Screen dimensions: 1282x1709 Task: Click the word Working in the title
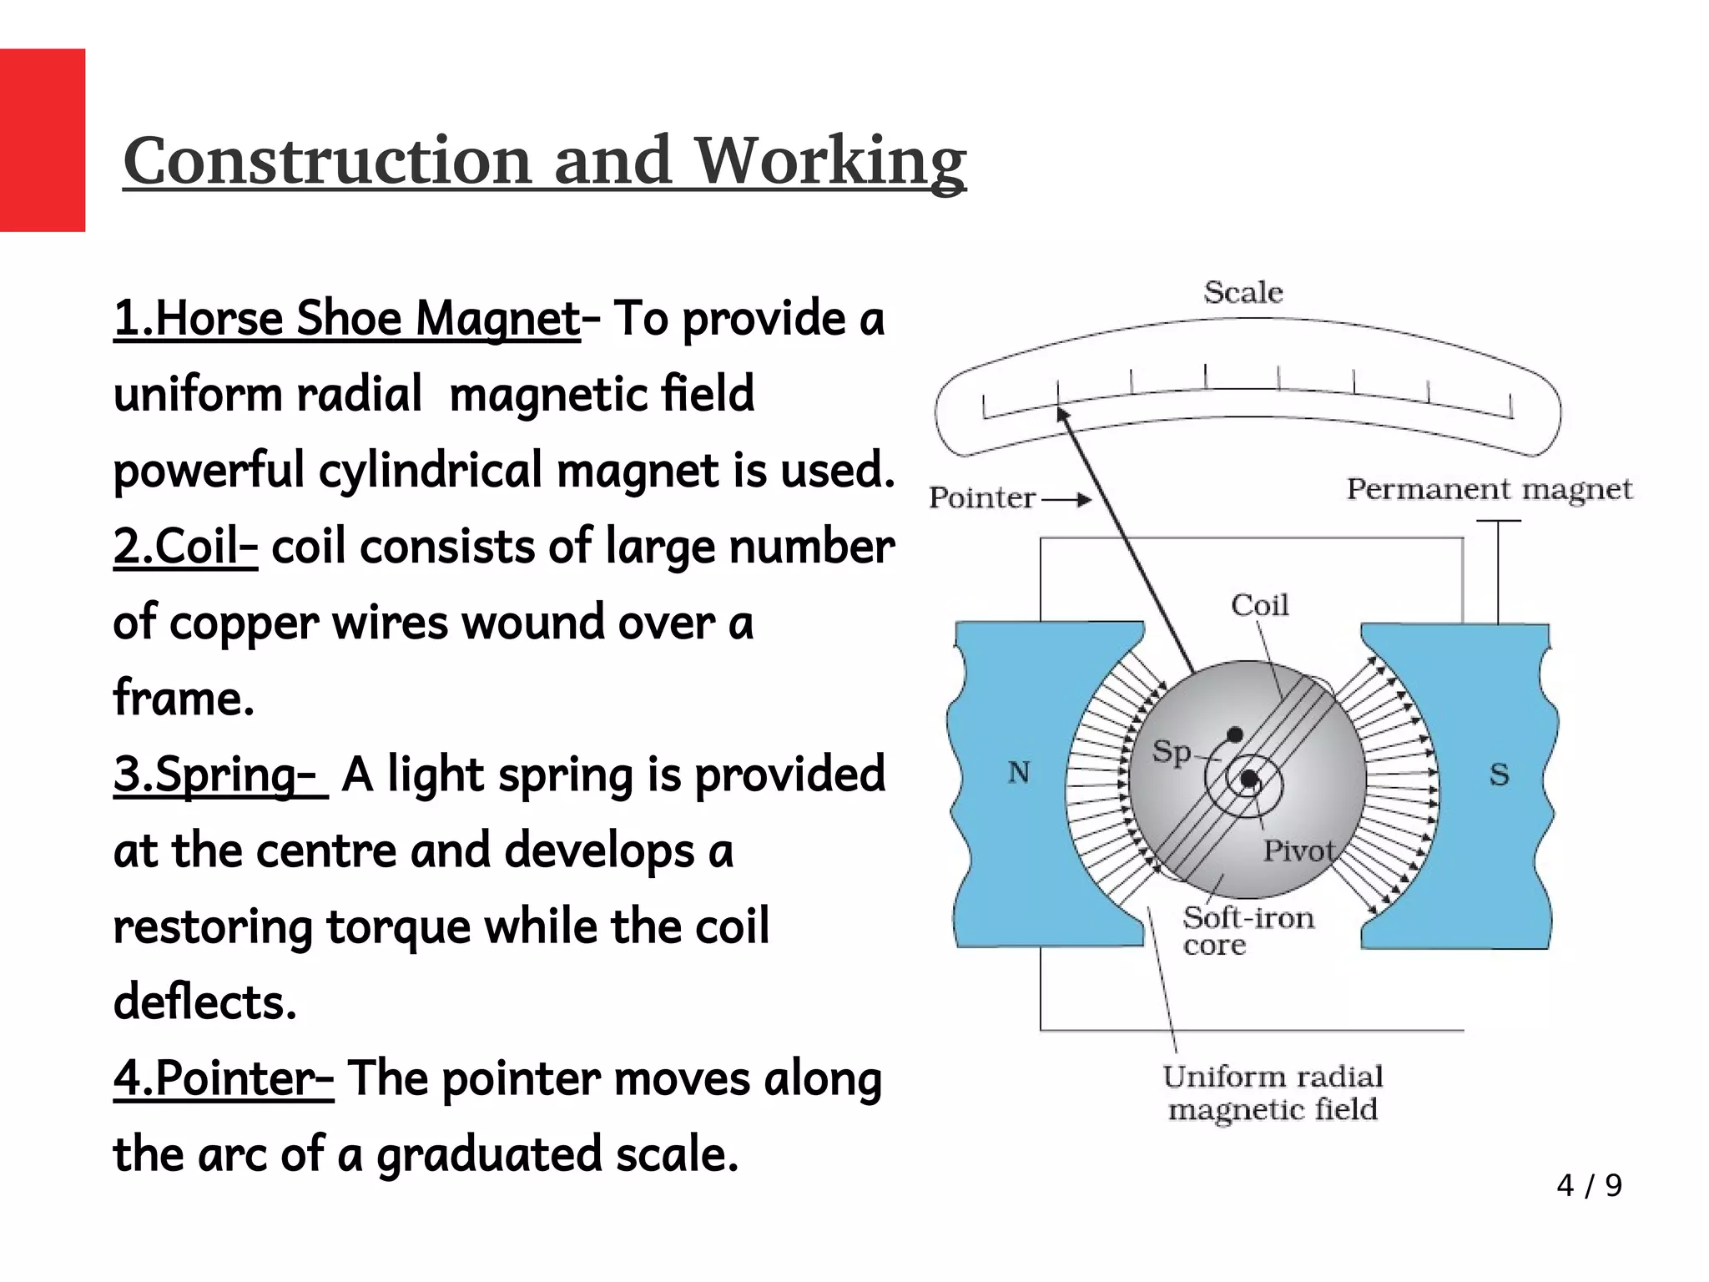[830, 160]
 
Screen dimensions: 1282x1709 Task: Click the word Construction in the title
[327, 160]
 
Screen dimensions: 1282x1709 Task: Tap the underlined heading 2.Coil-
[185, 548]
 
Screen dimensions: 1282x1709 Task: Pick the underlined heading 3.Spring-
[219, 775]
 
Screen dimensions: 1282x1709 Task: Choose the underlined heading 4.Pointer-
[224, 1078]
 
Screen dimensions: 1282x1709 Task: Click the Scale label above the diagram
[1243, 292]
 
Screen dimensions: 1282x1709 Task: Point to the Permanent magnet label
[1489, 489]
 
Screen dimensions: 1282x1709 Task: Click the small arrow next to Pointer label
[1068, 500]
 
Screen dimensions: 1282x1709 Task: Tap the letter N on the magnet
[1018, 773]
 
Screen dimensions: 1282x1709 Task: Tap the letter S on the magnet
[1499, 775]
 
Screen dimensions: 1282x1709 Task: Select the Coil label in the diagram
[1259, 605]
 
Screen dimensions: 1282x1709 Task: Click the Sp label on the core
[1172, 752]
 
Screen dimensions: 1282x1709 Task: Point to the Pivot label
[1298, 851]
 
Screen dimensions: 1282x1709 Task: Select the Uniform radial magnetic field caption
[1273, 1093]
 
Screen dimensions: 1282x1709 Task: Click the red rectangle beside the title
[42, 140]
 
